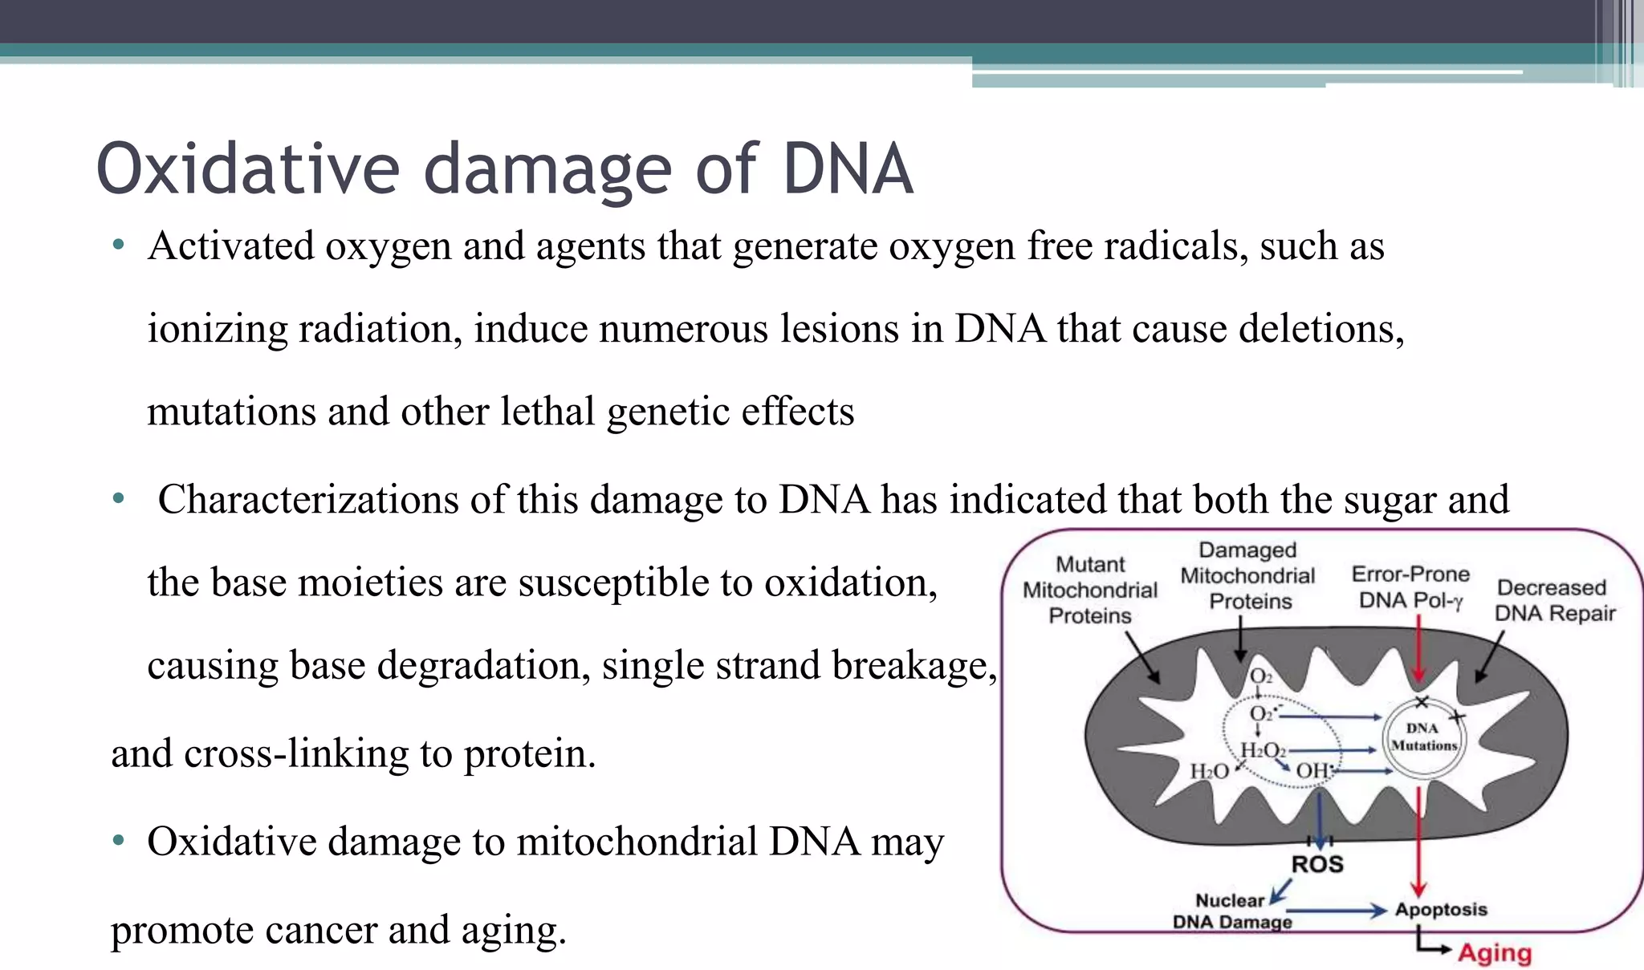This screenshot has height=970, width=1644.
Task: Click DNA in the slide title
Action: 848,169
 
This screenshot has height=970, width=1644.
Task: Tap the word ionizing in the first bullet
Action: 217,330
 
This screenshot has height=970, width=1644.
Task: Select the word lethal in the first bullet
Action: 547,412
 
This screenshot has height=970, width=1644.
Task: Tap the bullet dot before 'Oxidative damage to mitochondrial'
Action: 119,841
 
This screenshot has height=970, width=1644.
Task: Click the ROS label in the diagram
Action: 1316,864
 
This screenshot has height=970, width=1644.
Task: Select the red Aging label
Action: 1495,952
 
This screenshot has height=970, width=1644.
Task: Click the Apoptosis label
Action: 1441,909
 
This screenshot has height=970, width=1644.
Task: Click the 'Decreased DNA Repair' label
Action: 1553,600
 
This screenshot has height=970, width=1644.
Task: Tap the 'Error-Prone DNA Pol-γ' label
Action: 1410,586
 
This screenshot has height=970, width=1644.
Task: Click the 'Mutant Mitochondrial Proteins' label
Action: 1090,590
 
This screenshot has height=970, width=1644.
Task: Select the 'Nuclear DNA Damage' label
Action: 1231,911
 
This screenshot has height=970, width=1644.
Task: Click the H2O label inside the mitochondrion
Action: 1208,772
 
